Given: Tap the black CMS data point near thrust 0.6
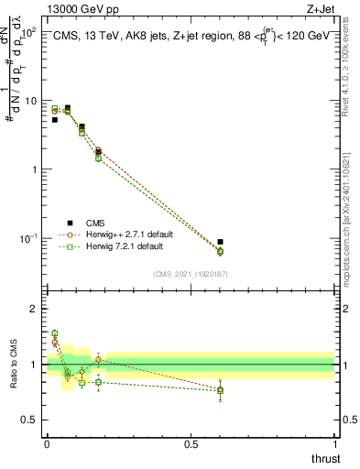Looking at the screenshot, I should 220,242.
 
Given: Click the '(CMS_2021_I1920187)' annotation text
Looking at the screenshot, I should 191,273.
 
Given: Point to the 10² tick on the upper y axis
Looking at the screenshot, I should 30,32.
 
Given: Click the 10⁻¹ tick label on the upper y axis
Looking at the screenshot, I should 30,238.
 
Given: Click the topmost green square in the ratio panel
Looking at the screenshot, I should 54,333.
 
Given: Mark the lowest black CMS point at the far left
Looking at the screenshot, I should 54,120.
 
